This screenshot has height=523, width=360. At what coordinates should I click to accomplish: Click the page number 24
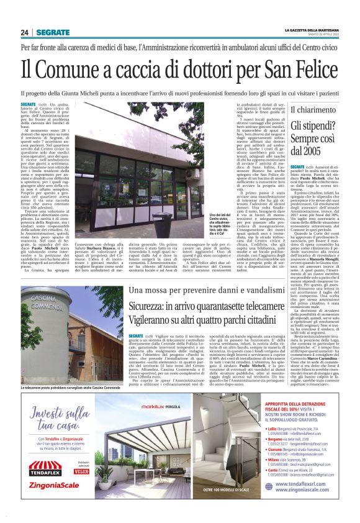(25, 32)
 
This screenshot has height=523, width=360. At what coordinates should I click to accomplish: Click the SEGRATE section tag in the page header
(53, 32)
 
